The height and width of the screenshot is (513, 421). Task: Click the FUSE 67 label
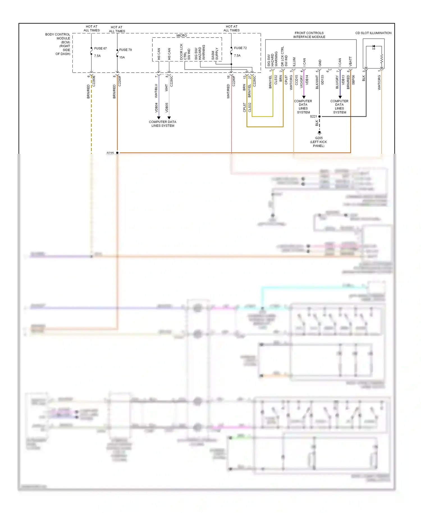100,48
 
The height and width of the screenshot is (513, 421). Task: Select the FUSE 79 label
125,50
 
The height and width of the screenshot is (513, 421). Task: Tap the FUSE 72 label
240,48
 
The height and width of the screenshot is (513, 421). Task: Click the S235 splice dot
117,153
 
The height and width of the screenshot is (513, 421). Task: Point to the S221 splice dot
319,116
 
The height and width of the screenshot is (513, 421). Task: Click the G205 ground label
319,138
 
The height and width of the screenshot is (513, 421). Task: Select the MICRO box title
182,36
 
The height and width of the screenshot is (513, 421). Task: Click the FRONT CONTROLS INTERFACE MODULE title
309,35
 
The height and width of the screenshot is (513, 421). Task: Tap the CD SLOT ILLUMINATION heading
373,33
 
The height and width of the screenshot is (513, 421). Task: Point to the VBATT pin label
350,61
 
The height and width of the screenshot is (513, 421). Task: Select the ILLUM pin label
294,62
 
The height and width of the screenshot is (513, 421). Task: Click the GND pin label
320,63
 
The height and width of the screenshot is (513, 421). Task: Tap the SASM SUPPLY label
215,54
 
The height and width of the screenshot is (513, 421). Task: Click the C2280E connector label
94,81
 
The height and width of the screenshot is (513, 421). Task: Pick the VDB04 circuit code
156,107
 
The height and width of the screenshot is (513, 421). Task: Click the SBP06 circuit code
353,80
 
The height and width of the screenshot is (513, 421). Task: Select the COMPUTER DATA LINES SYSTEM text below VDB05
163,124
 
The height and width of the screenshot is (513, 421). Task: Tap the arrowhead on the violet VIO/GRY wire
304,97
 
